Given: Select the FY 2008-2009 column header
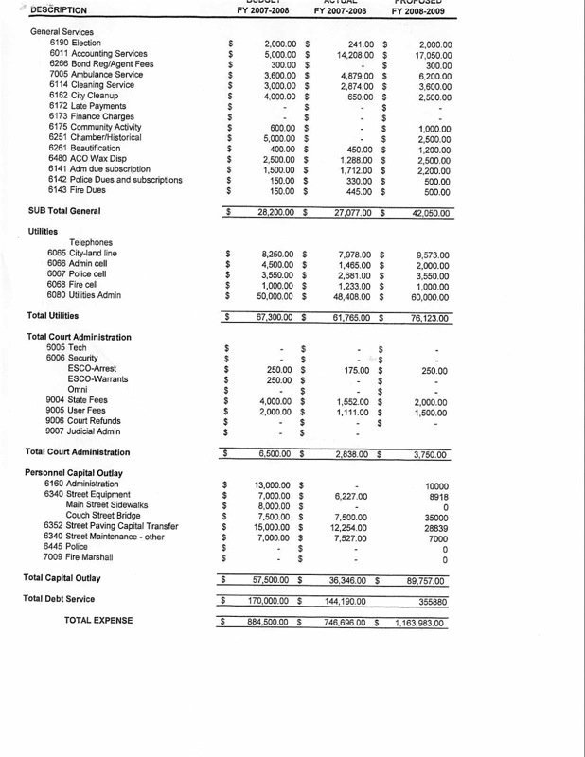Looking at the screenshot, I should [422, 10].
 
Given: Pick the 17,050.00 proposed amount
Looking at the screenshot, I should [431, 54].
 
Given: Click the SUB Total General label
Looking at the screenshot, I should [63, 210].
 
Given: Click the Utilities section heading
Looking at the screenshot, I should [43, 231].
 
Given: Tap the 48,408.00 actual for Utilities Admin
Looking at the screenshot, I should [353, 295].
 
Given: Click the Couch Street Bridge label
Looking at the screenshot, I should [104, 516].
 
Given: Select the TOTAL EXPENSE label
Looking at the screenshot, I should [98, 620].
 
